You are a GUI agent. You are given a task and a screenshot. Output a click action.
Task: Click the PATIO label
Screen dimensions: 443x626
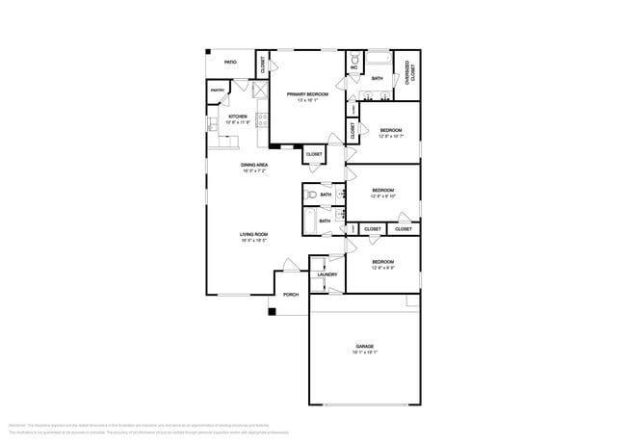(x=230, y=63)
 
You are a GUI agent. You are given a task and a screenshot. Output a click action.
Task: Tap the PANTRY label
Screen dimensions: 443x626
(x=217, y=91)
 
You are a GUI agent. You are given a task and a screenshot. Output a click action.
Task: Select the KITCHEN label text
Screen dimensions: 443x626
(x=237, y=117)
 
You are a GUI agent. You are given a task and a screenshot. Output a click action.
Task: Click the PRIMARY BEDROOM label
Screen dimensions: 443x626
(x=307, y=94)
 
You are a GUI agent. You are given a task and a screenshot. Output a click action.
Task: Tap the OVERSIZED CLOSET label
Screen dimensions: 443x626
(x=408, y=72)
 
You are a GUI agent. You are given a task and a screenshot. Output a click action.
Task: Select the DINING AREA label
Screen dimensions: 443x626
(x=254, y=165)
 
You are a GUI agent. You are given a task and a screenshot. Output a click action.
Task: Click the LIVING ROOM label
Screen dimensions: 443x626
(x=253, y=234)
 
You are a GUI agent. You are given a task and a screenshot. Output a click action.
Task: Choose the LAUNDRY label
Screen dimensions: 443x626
(x=326, y=274)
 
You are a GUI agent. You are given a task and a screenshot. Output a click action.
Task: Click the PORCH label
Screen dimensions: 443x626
(x=291, y=295)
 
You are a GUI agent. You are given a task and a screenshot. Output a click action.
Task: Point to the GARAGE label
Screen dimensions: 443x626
(x=364, y=347)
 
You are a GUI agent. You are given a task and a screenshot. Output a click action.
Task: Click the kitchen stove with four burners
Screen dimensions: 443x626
(x=260, y=122)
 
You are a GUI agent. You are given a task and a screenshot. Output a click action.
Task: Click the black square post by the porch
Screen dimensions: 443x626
(x=273, y=311)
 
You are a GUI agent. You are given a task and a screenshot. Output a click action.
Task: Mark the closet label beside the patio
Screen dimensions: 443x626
(x=263, y=65)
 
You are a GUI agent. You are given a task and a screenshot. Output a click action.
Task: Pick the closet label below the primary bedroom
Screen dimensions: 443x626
(x=314, y=154)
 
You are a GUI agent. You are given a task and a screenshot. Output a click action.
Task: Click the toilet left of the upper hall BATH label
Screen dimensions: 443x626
(x=310, y=195)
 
